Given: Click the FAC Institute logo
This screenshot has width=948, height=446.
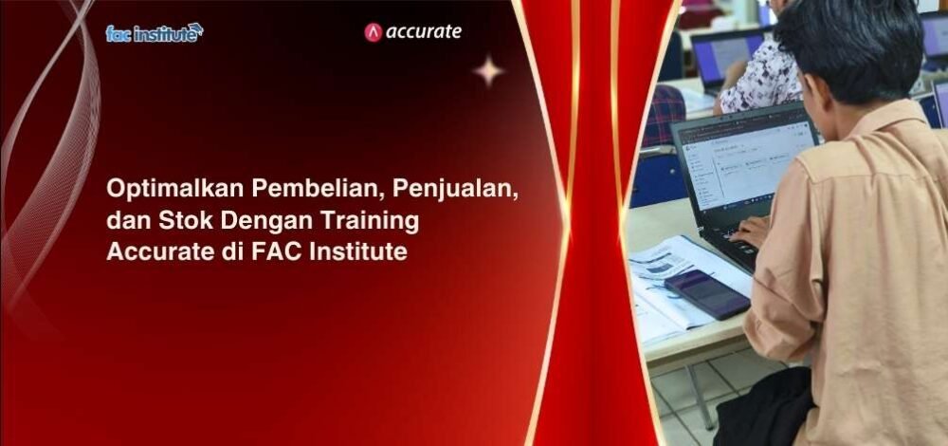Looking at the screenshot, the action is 155,32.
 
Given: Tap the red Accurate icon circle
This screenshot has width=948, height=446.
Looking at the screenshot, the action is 373,32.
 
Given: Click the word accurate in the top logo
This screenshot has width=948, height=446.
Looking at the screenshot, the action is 423,32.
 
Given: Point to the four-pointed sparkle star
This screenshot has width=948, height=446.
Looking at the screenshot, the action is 488,71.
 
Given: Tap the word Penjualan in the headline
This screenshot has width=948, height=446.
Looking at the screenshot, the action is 455,190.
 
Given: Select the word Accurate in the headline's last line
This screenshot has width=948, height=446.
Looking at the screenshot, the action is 156,251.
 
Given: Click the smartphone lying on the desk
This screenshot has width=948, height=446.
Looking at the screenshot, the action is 706,293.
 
